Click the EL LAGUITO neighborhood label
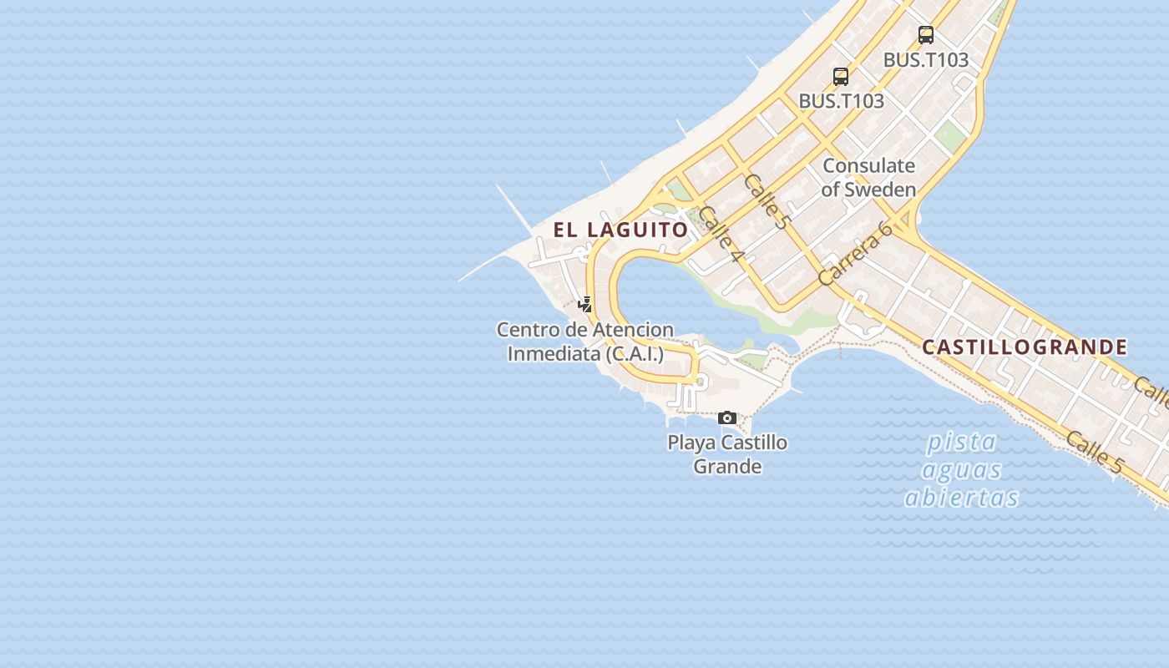click(x=620, y=230)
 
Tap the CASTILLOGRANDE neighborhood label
click(x=1025, y=347)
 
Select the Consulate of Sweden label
click(x=868, y=177)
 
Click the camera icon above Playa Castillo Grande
click(x=727, y=417)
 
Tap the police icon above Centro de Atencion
click(x=585, y=305)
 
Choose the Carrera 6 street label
click(x=855, y=254)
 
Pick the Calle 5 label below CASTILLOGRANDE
click(x=1094, y=453)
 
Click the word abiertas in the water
click(x=962, y=498)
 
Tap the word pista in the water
click(x=962, y=441)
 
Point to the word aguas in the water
click(x=962, y=469)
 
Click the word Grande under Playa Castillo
click(x=727, y=466)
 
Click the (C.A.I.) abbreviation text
click(x=635, y=353)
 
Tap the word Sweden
click(x=880, y=190)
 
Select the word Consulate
click(x=868, y=165)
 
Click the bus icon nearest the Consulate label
click(x=841, y=77)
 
